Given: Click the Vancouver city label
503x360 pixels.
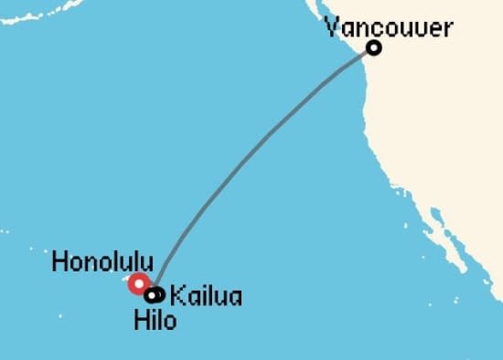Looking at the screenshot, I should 389,27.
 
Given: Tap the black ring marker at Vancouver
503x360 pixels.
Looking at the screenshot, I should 373,48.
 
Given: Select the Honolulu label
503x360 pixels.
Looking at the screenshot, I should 102,262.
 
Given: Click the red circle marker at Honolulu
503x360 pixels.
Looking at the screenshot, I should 139,284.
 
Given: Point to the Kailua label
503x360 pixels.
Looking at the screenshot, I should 207,297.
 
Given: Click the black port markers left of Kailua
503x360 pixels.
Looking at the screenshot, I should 155,294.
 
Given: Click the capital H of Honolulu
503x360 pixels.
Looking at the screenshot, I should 59,262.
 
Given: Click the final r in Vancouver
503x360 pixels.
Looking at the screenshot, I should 446,28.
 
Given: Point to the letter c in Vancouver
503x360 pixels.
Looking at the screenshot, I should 375,28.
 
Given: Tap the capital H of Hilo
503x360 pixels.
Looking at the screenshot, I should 139,321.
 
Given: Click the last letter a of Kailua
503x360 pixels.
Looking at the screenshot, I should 236,298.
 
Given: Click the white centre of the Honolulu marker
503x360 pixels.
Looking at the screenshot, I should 139,284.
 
